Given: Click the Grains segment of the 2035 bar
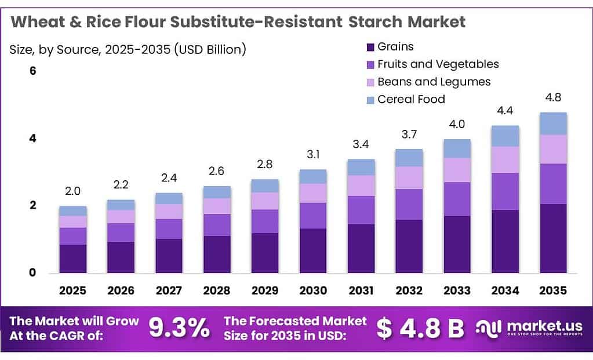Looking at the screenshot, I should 553,238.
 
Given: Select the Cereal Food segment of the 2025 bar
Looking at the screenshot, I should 73,211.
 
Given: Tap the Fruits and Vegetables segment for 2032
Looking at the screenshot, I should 409,204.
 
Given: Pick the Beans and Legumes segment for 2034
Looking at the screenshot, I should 505,159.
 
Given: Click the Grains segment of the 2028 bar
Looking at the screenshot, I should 217,254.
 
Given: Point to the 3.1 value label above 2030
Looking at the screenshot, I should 313,155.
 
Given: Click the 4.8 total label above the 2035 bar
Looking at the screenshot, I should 553,97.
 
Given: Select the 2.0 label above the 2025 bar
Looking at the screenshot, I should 73,191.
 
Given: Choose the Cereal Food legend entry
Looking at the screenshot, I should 411,99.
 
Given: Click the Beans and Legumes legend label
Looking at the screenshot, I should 434,82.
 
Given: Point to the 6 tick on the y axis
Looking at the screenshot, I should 33,71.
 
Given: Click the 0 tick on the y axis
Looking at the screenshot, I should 33,272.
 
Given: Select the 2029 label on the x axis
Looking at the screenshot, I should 265,290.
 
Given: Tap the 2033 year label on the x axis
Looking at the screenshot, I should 457,290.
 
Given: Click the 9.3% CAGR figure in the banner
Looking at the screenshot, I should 179,328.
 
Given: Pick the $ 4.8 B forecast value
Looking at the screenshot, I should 420,328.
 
